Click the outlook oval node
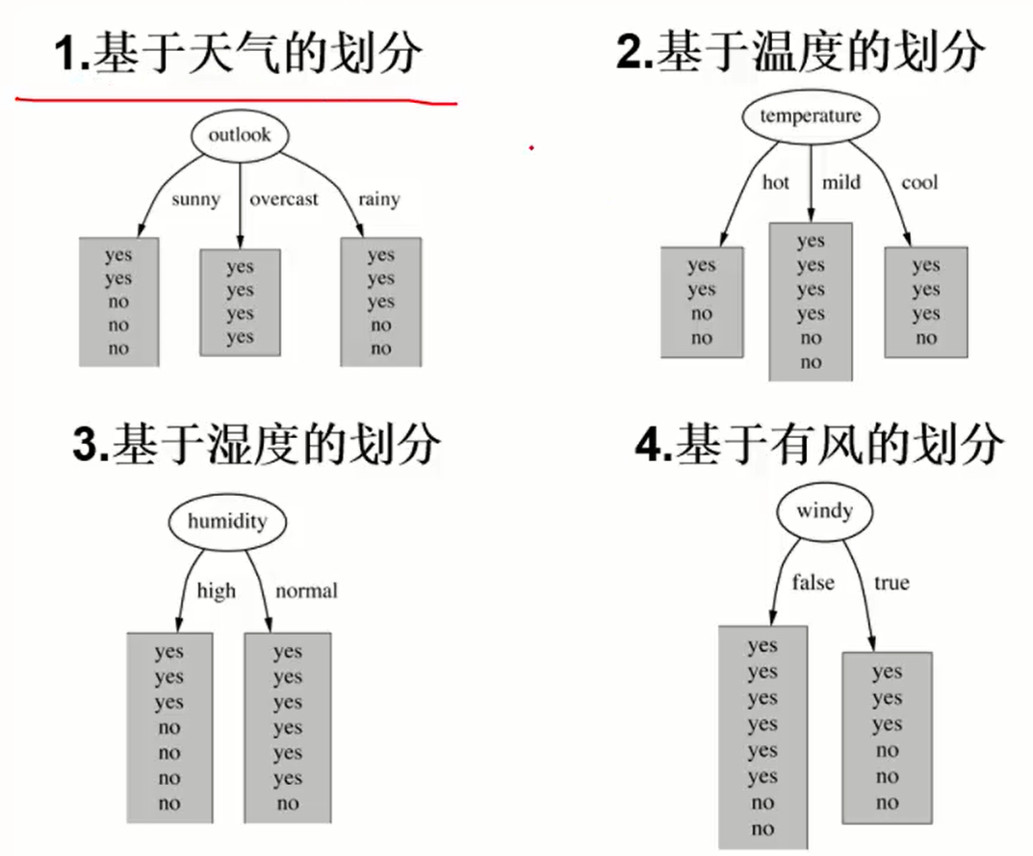click(x=240, y=135)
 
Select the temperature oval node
click(x=810, y=117)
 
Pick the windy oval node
click(x=824, y=510)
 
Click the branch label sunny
click(x=195, y=200)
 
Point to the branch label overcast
click(x=284, y=200)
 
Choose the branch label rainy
click(x=378, y=200)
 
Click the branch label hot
click(x=775, y=182)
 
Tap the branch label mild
click(x=841, y=182)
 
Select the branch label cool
click(x=919, y=182)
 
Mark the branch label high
click(x=216, y=590)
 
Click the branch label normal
click(x=306, y=590)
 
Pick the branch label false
click(x=813, y=583)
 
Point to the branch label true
click(x=891, y=583)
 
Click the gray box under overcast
click(x=240, y=302)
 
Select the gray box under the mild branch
click(x=811, y=301)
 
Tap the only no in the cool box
click(x=926, y=338)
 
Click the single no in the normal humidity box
click(x=287, y=804)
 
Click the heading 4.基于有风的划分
click(x=819, y=446)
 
